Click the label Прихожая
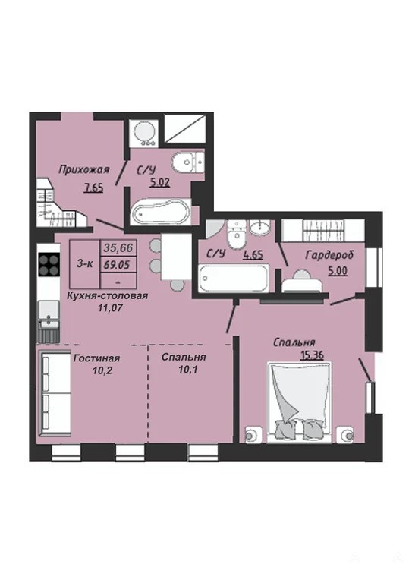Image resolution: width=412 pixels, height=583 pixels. click(84, 170)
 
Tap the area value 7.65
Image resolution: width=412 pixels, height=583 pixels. click(93, 188)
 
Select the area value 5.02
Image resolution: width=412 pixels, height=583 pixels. click(160, 182)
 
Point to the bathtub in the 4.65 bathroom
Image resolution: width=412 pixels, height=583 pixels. click(233, 278)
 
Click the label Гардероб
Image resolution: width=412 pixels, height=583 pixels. click(329, 255)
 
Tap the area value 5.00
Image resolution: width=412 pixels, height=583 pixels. click(338, 270)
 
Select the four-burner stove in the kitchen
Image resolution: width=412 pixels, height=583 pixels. click(49, 264)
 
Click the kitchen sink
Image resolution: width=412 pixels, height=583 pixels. click(49, 313)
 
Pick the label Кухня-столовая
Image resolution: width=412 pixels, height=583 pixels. click(107, 296)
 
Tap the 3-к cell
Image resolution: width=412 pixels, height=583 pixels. click(85, 264)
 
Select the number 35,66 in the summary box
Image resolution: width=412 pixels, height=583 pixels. click(118, 247)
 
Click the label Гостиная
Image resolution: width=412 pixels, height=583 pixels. click(96, 358)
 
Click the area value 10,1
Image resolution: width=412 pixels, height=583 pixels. click(184, 370)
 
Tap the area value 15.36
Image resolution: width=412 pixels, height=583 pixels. click(312, 355)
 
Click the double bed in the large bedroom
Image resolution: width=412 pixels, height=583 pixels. click(300, 402)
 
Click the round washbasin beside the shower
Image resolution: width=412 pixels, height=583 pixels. click(145, 133)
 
